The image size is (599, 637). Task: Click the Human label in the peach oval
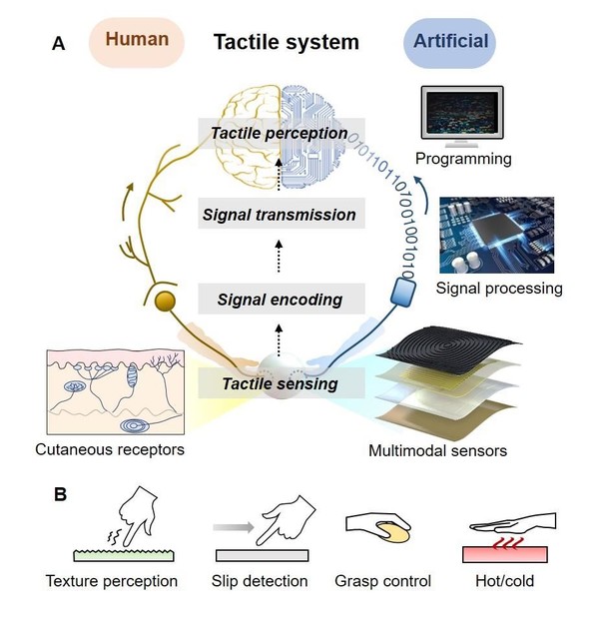coord(137,39)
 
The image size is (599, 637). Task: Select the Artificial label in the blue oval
coord(451,41)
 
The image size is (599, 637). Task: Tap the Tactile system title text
coord(287,42)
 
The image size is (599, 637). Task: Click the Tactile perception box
coord(281,133)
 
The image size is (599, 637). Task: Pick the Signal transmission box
coord(281,214)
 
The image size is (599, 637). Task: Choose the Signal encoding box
coord(281,300)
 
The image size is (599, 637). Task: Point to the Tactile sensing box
coord(281,383)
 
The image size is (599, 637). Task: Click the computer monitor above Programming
coord(462,117)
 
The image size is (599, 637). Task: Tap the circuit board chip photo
coord(496,236)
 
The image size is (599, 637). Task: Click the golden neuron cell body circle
coord(165,302)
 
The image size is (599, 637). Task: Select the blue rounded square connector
coord(403,292)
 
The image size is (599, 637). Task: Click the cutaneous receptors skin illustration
coord(116,392)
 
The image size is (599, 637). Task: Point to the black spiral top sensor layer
coord(448,345)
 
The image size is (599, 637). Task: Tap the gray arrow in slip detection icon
coord(234,527)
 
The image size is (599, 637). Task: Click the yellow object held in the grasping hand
coord(393,532)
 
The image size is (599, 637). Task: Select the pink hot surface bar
coord(505,554)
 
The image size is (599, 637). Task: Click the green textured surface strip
coord(124,555)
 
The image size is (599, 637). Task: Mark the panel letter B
coord(60,494)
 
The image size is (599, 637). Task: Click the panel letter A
coord(59,44)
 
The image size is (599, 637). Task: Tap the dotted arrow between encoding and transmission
coord(279,257)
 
